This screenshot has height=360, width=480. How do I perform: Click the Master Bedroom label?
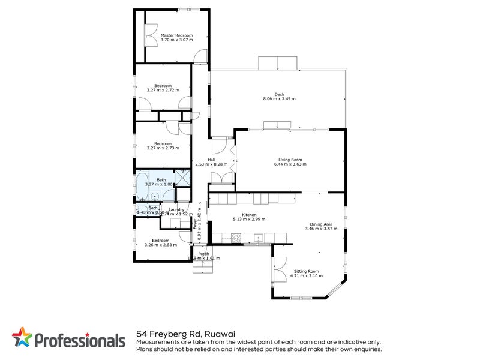(x=176, y=35)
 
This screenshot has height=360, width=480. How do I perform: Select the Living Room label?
(x=290, y=160)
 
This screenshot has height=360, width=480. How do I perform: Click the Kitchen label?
(x=249, y=215)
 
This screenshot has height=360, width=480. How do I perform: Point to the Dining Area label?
(x=318, y=224)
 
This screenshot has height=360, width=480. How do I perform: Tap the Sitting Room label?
(x=306, y=271)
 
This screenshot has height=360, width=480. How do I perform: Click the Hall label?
(x=211, y=159)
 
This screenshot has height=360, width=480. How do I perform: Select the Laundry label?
(x=176, y=209)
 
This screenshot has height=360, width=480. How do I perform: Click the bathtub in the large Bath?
(x=142, y=187)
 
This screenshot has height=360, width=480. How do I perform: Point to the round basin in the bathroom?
(x=155, y=196)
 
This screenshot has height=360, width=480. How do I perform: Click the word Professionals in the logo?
(x=78, y=340)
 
